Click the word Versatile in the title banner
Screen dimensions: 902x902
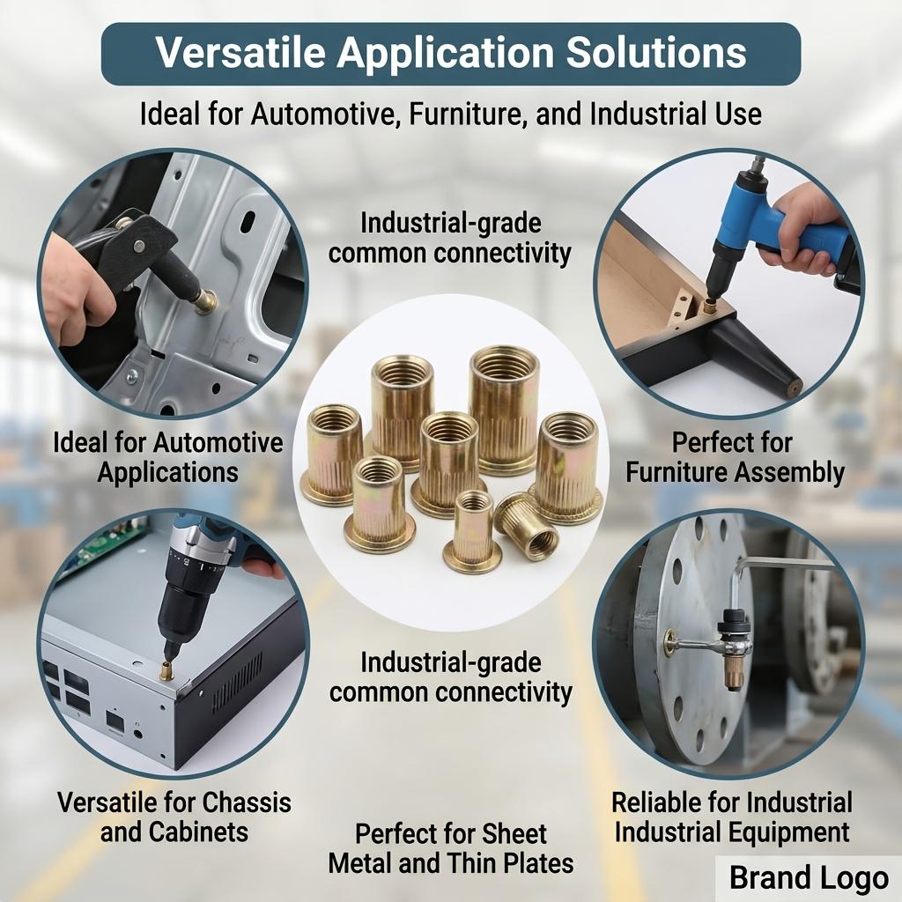pos(241,52)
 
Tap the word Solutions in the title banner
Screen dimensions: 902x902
pos(655,52)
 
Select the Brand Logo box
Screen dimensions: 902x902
pos(809,878)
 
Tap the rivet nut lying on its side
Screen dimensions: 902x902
pos(527,527)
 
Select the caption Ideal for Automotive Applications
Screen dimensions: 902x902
pos(168,457)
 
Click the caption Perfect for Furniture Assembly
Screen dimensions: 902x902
pos(735,457)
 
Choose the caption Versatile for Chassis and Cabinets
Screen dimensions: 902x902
pos(174,817)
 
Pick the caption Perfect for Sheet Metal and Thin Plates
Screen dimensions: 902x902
pos(451,848)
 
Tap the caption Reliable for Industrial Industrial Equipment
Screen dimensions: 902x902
pos(732,817)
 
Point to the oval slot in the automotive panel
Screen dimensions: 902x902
pos(248,222)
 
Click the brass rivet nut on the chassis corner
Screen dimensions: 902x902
pos(166,670)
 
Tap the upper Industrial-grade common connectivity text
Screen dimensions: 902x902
pos(450,238)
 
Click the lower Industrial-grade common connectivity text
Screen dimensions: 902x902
pos(450,677)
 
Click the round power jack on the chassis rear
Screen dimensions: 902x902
pos(138,734)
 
